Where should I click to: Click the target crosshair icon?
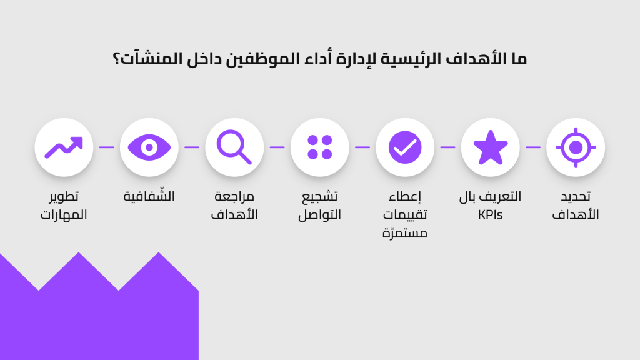click(x=576, y=147)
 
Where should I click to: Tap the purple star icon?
click(x=490, y=147)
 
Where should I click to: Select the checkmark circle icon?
click(x=405, y=147)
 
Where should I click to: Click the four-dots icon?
click(x=319, y=147)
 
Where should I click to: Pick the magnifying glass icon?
click(x=234, y=147)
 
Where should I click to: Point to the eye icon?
click(x=149, y=147)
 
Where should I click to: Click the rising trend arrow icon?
click(x=64, y=147)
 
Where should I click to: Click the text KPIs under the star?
click(x=490, y=215)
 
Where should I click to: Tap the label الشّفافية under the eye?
click(x=149, y=196)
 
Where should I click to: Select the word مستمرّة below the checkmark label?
click(x=405, y=233)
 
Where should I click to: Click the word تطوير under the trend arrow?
click(x=64, y=196)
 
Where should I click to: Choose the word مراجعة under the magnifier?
click(x=234, y=196)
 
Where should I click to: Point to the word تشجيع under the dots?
click(x=319, y=197)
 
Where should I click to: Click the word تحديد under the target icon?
click(x=576, y=196)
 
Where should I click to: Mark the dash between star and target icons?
click(x=533, y=147)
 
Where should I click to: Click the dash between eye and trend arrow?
click(x=106, y=147)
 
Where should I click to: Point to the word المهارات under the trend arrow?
click(x=64, y=215)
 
